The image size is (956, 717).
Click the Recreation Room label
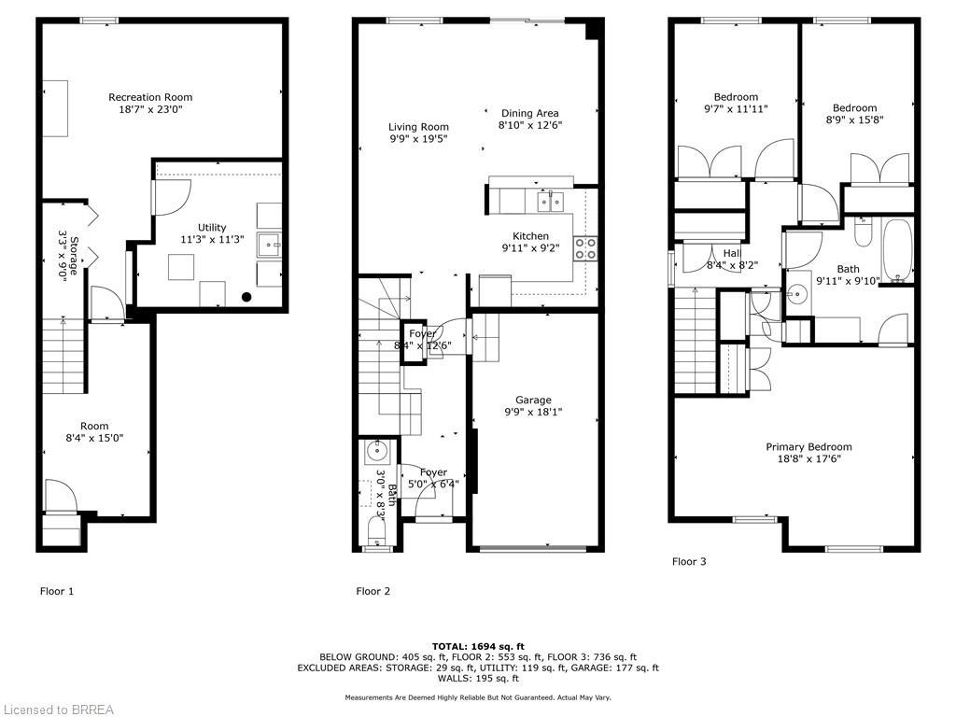pyautogui.click(x=150, y=97)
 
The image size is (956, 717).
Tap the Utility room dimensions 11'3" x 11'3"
pyautogui.click(x=211, y=240)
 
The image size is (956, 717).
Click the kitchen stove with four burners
pyautogui.click(x=584, y=248)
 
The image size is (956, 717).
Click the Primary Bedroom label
pyautogui.click(x=808, y=446)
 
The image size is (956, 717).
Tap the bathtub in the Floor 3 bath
pyautogui.click(x=897, y=250)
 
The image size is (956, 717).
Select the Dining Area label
pyautogui.click(x=529, y=113)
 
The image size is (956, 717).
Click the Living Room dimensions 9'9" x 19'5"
pyautogui.click(x=418, y=139)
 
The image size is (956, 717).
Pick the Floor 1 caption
pyautogui.click(x=56, y=591)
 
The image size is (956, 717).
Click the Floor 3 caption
pyautogui.click(x=689, y=561)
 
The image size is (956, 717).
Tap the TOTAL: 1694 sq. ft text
pyautogui.click(x=478, y=646)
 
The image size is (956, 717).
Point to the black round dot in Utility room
pyautogui.click(x=246, y=298)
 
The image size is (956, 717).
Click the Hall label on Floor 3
pyautogui.click(x=731, y=252)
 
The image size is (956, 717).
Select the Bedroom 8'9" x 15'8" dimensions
pyautogui.click(x=854, y=119)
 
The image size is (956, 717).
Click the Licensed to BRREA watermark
pyautogui.click(x=57, y=710)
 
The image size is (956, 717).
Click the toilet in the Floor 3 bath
pyautogui.click(x=863, y=231)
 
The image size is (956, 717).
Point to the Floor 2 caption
pyautogui.click(x=373, y=591)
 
